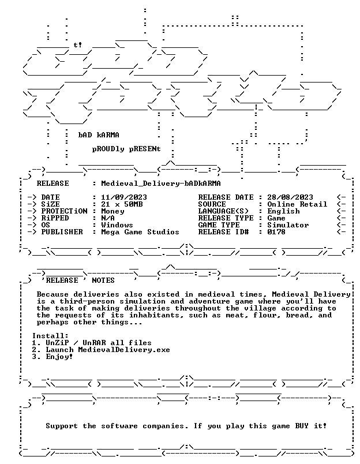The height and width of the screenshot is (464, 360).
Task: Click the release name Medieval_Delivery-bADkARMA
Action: [x=161, y=184]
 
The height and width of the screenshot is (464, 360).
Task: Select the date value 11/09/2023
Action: [x=124, y=197]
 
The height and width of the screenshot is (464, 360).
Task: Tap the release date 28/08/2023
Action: [x=290, y=197]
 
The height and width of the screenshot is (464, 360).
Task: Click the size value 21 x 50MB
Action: [x=122, y=204]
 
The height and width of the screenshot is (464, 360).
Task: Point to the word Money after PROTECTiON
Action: [x=112, y=211]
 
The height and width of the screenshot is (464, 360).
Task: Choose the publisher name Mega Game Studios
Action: [x=140, y=232]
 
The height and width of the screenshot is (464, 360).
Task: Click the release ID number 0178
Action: [x=276, y=232]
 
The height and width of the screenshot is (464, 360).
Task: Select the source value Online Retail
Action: [x=297, y=204]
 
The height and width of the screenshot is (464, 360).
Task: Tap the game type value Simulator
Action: [x=288, y=225]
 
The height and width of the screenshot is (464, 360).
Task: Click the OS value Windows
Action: [x=117, y=225]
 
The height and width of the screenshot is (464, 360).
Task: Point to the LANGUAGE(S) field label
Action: [x=223, y=211]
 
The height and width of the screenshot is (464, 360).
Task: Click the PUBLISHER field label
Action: [x=62, y=232]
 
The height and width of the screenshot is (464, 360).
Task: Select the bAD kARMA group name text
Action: [x=99, y=135]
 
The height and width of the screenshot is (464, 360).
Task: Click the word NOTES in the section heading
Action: [x=103, y=280]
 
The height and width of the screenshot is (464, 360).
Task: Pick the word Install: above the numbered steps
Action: [x=50, y=336]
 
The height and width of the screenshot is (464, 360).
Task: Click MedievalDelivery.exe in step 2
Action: [x=124, y=350]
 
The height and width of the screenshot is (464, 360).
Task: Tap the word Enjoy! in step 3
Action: [x=59, y=357]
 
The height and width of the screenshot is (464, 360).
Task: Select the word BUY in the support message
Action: [x=302, y=426]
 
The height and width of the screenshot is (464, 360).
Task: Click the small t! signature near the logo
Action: [x=77, y=45]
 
